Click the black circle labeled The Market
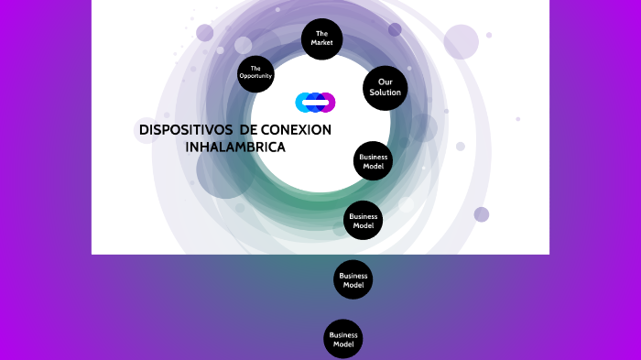[321, 39]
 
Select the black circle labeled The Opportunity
[255, 72]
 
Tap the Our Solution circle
[385, 88]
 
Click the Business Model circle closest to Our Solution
[373, 161]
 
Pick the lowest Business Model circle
[343, 339]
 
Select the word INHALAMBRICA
[235, 147]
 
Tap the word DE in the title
[246, 130]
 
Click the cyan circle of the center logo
[302, 102]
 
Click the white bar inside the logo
[315, 102]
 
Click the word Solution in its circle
[385, 93]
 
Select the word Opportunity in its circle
[255, 76]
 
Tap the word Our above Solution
[385, 82]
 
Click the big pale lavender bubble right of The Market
[461, 41]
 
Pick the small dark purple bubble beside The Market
[395, 29]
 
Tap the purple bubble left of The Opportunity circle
[204, 33]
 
